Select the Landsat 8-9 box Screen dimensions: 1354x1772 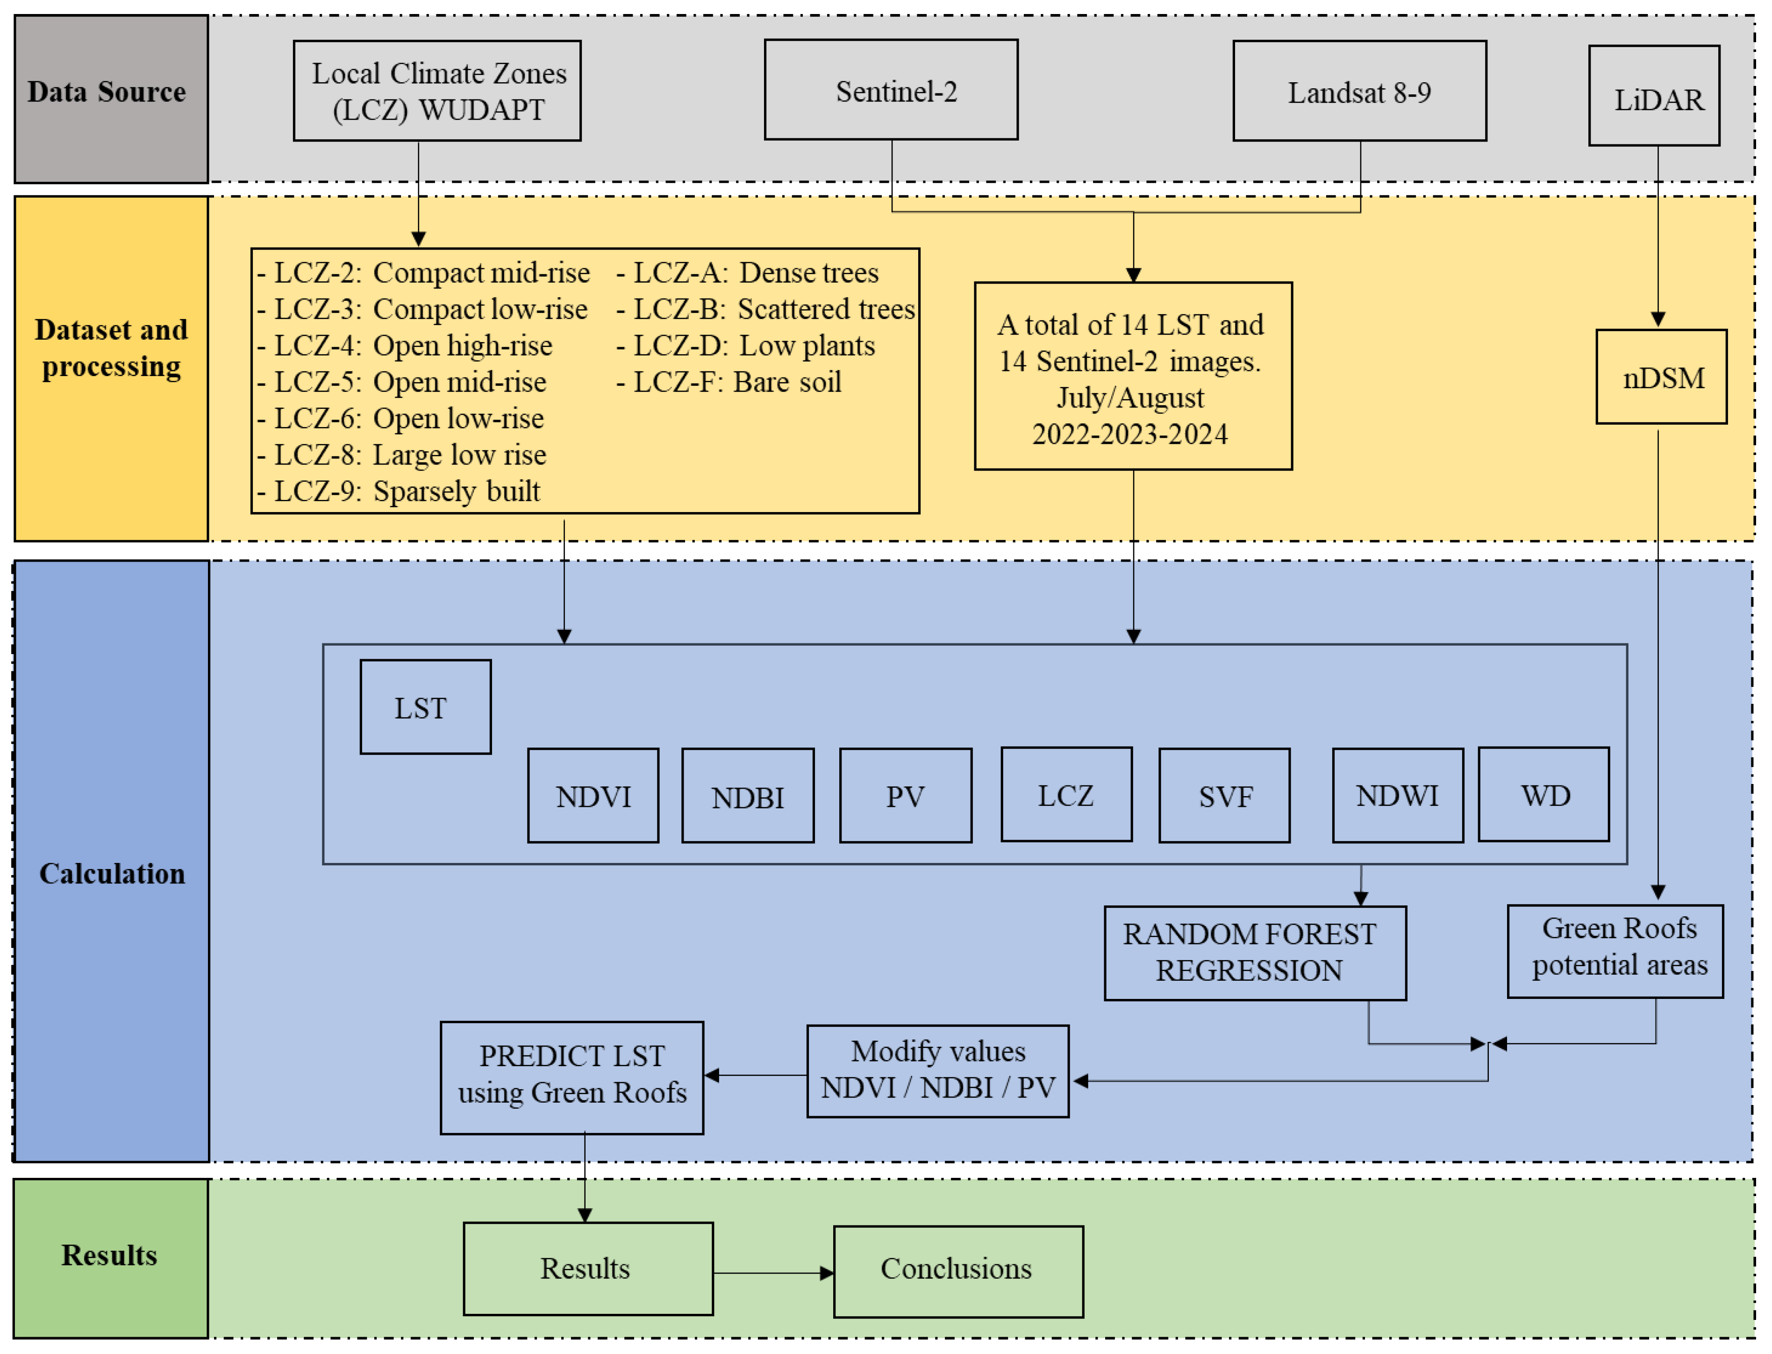click(x=1359, y=91)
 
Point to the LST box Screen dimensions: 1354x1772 click(x=425, y=707)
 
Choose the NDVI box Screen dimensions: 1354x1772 click(x=593, y=796)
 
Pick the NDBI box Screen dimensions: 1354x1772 click(x=747, y=796)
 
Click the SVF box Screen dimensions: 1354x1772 click(x=1224, y=796)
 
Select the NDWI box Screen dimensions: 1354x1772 click(x=1397, y=796)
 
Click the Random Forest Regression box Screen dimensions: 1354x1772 click(x=1254, y=953)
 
